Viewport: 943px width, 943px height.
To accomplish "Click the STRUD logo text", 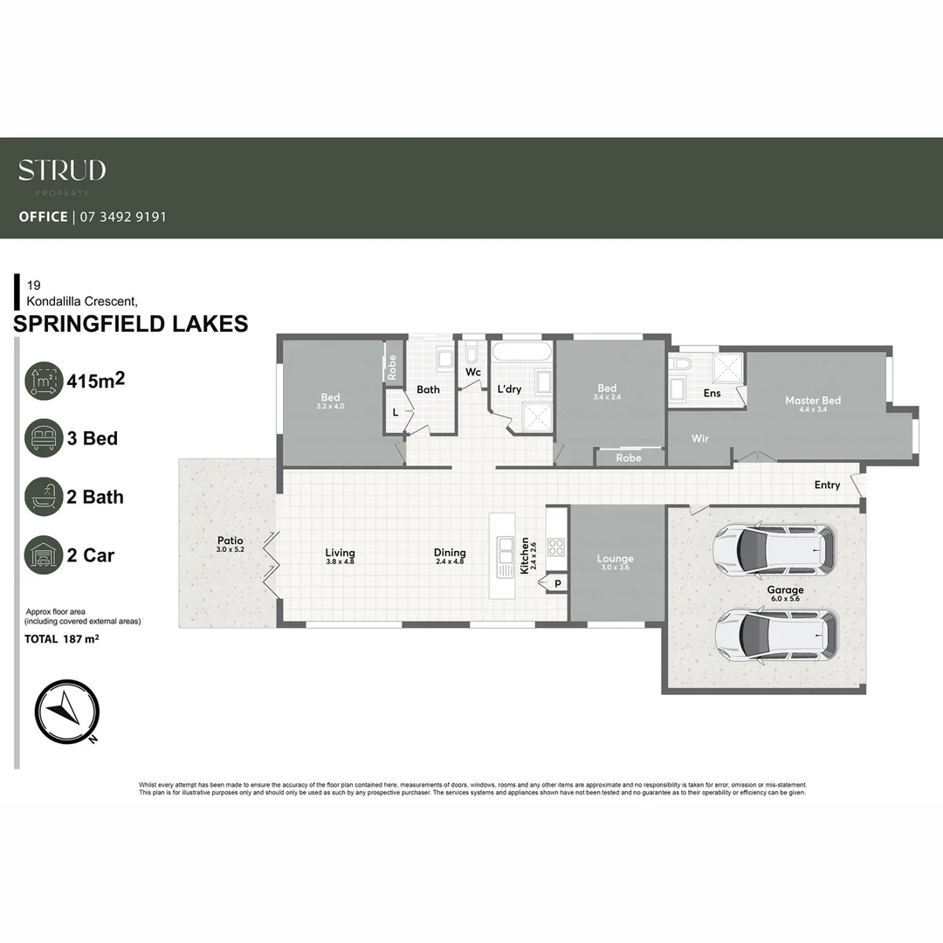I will pos(62,169).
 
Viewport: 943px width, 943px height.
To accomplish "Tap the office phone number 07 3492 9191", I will pos(123,217).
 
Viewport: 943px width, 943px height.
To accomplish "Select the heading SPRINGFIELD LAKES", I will pos(132,324).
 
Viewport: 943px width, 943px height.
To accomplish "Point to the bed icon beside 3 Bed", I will pos(44,438).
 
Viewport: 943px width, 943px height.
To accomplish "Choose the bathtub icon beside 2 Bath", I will pos(44,497).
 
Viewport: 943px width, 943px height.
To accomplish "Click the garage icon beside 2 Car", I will pos(44,554).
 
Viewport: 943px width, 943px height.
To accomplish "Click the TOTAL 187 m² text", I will pos(62,639).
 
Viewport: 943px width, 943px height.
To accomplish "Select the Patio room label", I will pos(231,540).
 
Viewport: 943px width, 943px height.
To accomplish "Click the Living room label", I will pos(340,553).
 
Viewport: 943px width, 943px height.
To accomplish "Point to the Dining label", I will pos(450,553).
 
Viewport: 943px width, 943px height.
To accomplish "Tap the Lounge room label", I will pos(615,559).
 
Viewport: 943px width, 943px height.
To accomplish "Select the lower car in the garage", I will pos(775,633).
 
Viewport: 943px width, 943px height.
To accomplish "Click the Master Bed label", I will pos(813,401).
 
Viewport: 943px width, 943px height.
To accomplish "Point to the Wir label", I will pos(700,438).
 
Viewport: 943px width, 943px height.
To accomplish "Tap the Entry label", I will pos(827,485).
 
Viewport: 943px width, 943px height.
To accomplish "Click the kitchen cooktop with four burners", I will pos(556,547).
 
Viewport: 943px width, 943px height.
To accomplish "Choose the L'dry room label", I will pos(509,389).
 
